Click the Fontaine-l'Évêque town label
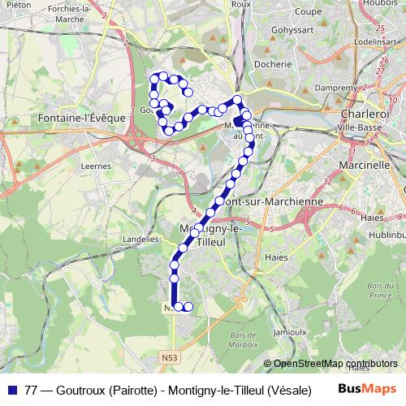tap(82, 118)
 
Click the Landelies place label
tap(139, 240)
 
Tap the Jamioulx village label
tap(291, 332)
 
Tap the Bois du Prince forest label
tap(379, 290)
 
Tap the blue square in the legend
tap(13, 390)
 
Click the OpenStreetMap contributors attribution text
tap(335, 364)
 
